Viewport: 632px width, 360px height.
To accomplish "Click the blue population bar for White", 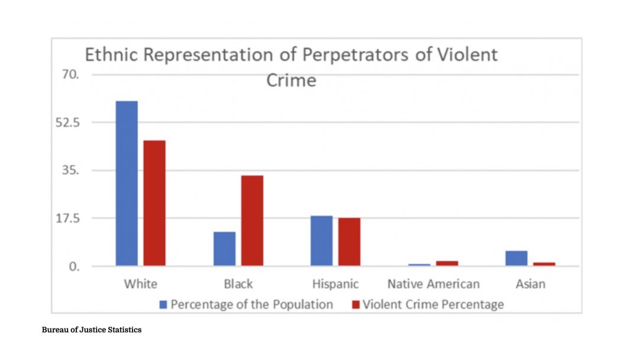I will pyautogui.click(x=127, y=184).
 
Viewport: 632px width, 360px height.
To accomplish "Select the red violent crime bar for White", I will pyautogui.click(x=154, y=203).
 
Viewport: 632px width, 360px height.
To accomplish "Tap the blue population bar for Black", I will pyautogui.click(x=224, y=249).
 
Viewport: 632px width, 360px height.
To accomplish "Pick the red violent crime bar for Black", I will pyautogui.click(x=252, y=221).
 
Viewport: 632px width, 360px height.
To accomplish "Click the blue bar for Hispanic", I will pyautogui.click(x=321, y=241).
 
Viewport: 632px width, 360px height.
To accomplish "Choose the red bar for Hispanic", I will pyautogui.click(x=349, y=242).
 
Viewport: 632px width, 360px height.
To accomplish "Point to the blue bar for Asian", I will pyautogui.click(x=516, y=258).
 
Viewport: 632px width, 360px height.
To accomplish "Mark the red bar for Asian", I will pyautogui.click(x=544, y=263).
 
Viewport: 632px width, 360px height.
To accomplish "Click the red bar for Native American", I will pyautogui.click(x=447, y=263).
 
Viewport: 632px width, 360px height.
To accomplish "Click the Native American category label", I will pyautogui.click(x=433, y=284).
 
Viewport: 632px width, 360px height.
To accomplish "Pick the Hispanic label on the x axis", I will pyautogui.click(x=336, y=284).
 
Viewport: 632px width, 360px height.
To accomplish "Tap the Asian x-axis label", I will pyautogui.click(x=530, y=284).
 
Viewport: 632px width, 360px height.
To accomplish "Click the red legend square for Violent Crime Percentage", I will pyautogui.click(x=355, y=305).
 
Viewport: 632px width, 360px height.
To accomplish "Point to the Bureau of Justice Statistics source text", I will pyautogui.click(x=92, y=330).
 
